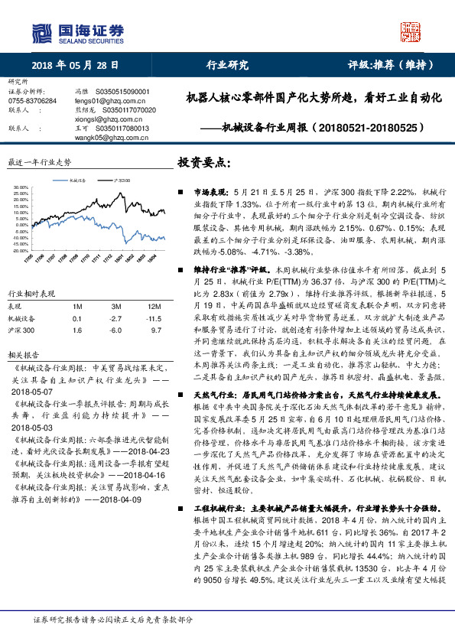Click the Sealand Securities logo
tap(76, 32)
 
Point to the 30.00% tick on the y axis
tap(21, 187)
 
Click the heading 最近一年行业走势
tap(38, 163)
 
